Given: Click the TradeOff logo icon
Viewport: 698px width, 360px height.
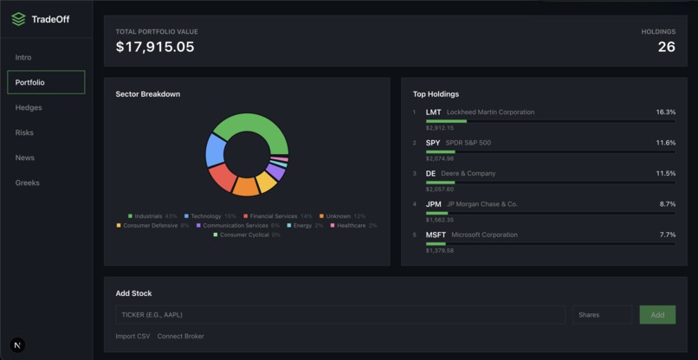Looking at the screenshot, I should tap(18, 19).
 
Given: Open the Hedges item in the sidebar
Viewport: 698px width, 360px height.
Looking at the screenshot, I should tap(29, 107).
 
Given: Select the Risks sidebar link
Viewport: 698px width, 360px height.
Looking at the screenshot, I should tap(24, 132).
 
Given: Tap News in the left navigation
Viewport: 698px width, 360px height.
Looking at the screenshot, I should tap(24, 157).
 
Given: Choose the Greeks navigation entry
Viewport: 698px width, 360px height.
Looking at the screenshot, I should tap(27, 183).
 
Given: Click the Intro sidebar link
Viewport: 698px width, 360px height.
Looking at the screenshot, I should tap(23, 57).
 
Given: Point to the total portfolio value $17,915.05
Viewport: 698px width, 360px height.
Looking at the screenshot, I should tap(155, 47).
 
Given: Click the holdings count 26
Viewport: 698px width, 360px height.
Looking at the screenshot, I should tap(666, 47).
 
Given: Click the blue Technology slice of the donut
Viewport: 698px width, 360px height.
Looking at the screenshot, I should tap(215, 149).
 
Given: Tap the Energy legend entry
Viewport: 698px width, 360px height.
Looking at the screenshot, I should tap(305, 226).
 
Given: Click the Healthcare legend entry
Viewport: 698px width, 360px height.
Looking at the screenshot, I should tap(353, 226).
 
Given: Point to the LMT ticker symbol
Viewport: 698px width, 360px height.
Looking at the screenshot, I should tap(433, 112).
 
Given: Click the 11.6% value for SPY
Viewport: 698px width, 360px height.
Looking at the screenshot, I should tap(665, 143).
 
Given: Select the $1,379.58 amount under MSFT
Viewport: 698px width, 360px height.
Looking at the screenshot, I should tap(439, 251).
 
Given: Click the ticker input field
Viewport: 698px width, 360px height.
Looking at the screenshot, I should tap(339, 314).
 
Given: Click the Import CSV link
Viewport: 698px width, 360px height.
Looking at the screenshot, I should tap(132, 336).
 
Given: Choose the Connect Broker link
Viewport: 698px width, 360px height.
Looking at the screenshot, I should tap(180, 336).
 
